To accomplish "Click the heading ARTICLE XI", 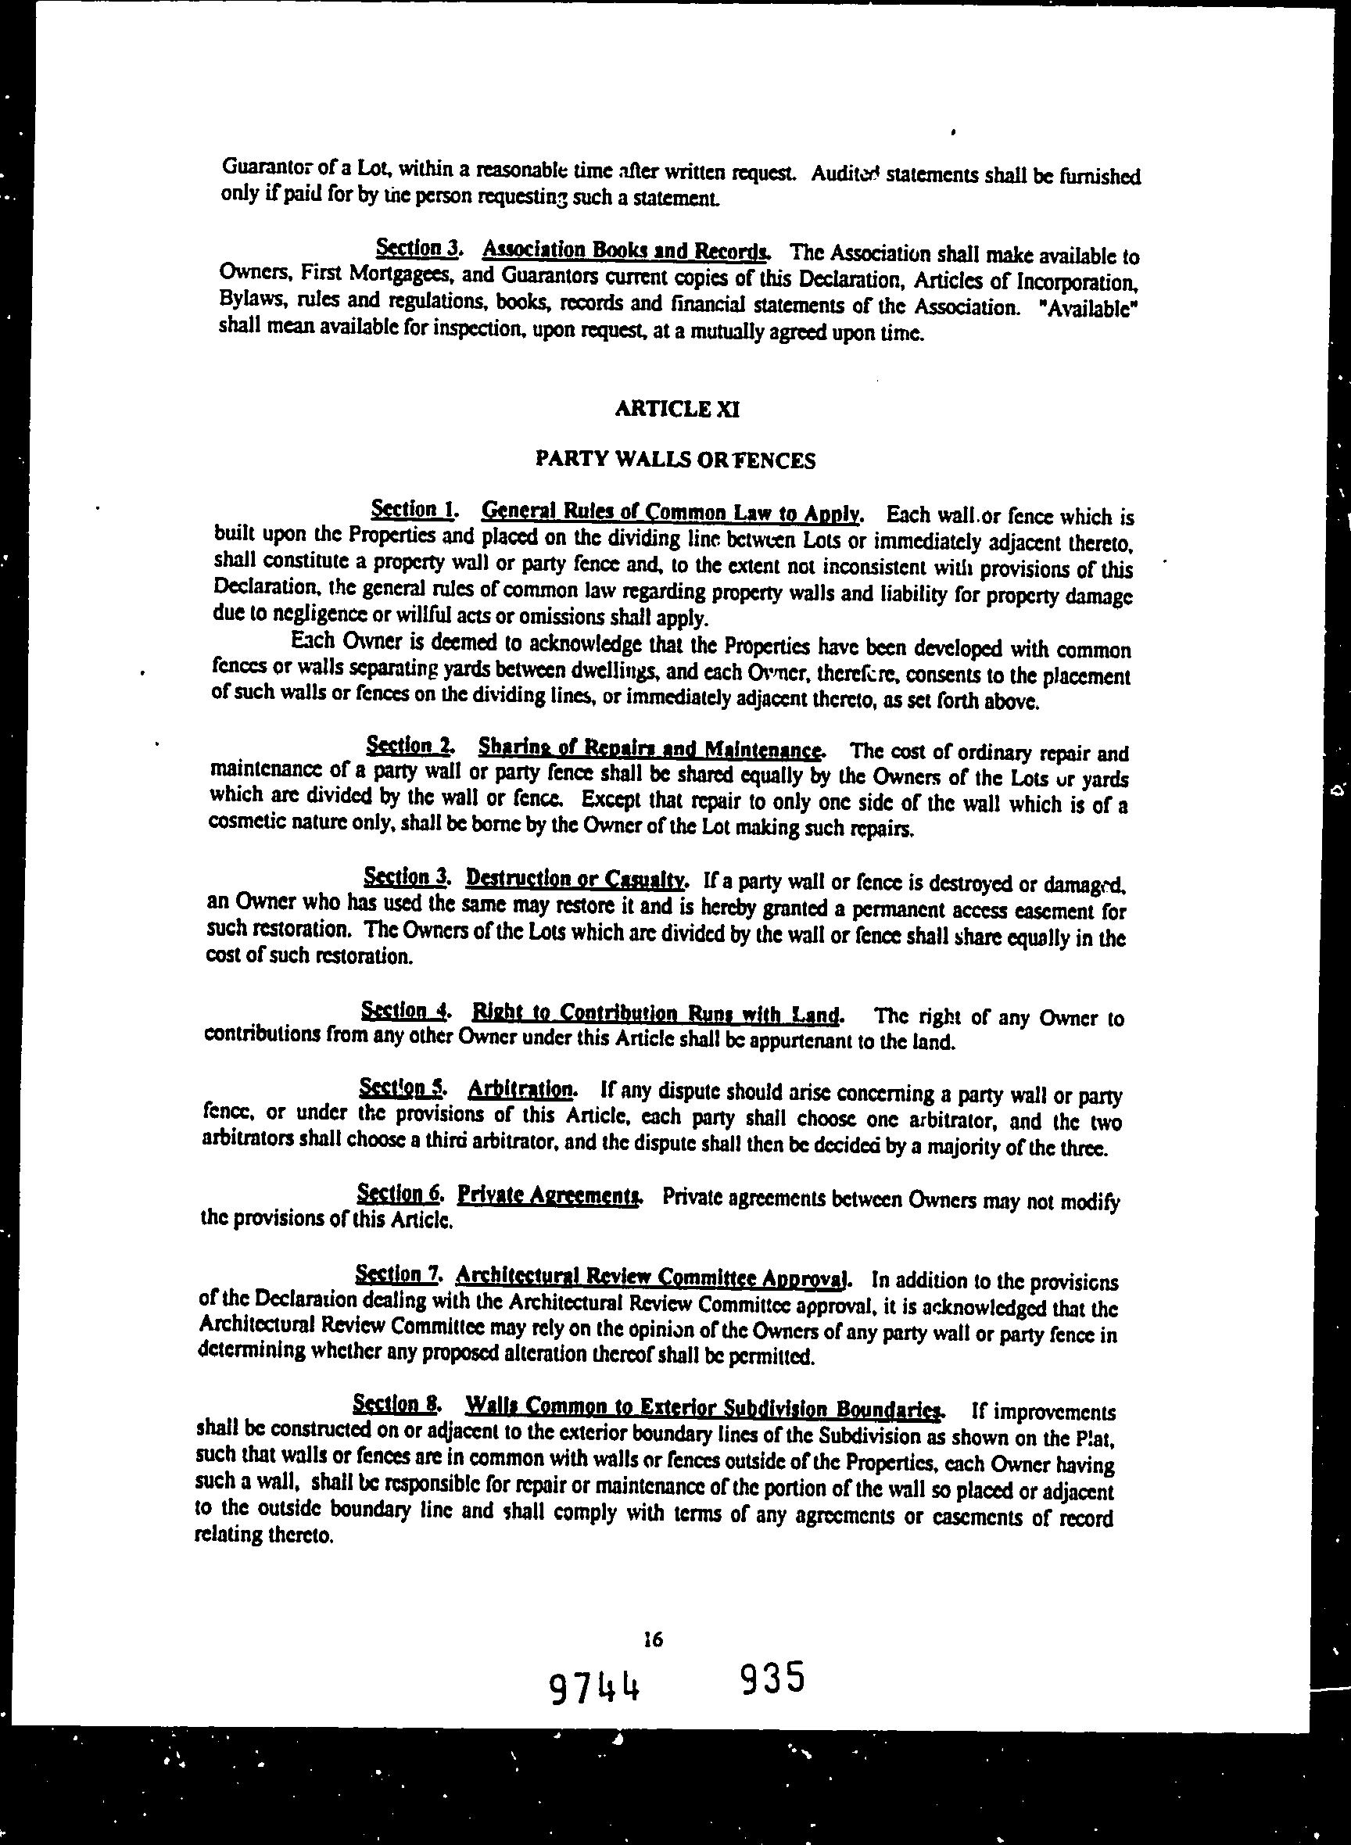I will (x=677, y=409).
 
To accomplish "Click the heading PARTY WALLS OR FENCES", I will (x=675, y=460).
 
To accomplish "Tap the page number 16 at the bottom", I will (x=653, y=1639).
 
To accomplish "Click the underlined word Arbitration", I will (x=522, y=1089).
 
